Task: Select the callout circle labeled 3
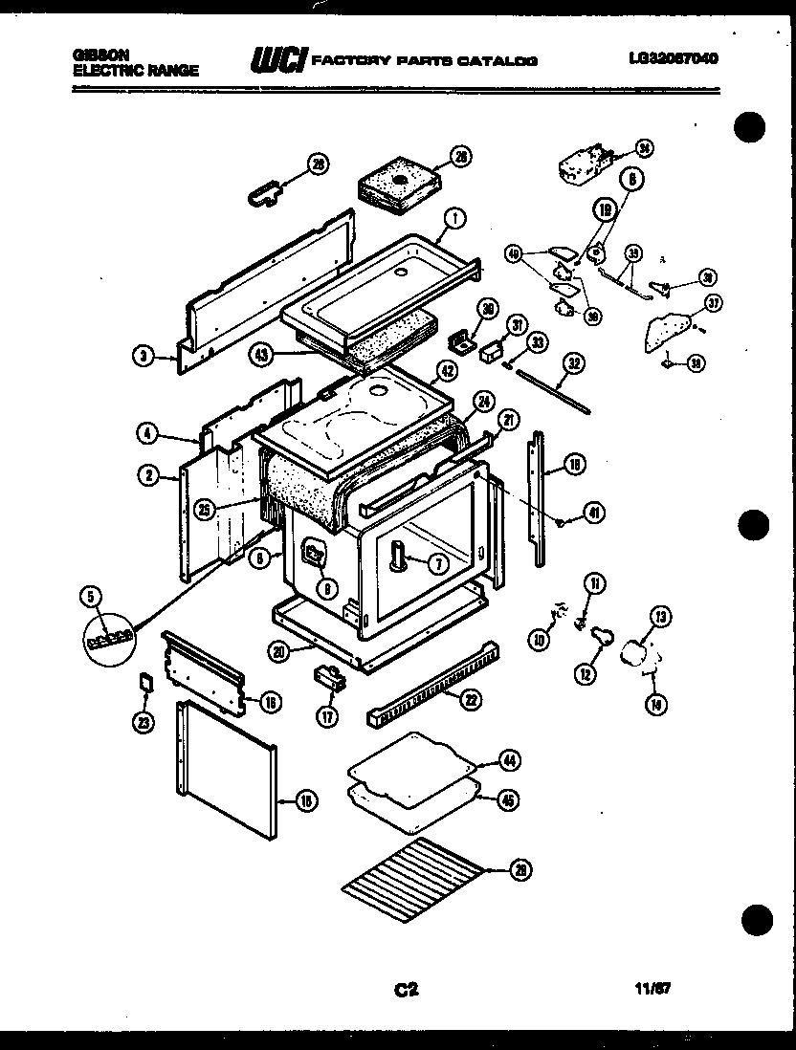[x=143, y=357]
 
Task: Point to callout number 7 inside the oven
[x=436, y=564]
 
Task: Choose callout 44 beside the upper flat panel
[x=509, y=761]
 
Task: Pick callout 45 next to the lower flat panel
[x=509, y=799]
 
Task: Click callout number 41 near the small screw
[x=593, y=514]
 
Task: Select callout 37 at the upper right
[x=714, y=304]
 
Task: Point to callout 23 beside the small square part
[x=144, y=724]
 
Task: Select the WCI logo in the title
[x=277, y=61]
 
